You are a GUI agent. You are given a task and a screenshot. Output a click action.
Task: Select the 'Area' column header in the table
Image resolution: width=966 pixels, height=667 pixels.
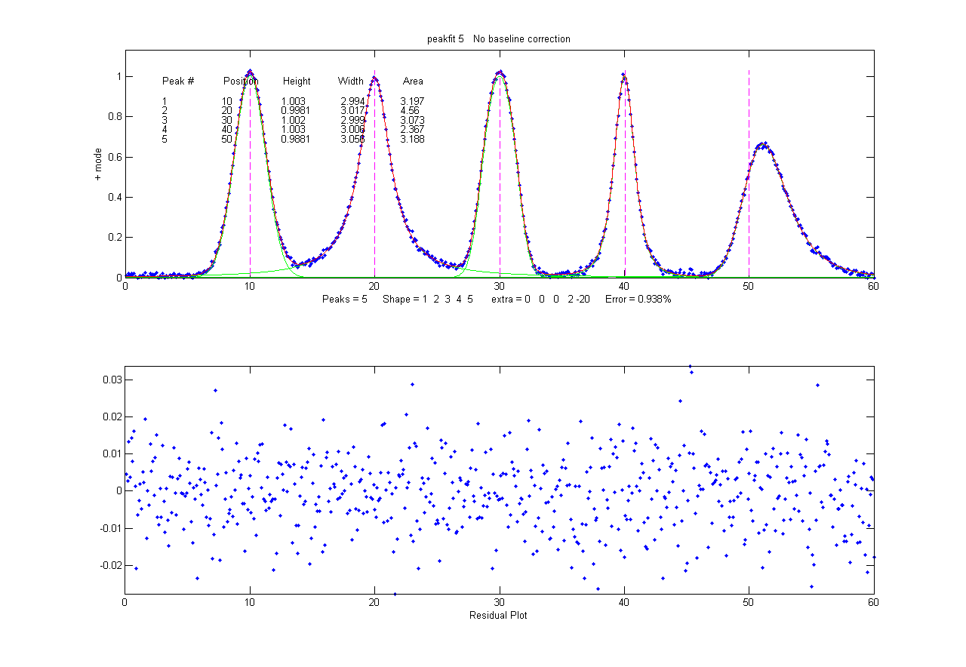(413, 81)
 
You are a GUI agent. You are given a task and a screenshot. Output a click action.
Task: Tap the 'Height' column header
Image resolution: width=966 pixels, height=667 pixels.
(297, 81)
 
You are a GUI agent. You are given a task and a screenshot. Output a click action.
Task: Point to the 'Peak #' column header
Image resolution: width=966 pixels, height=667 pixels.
(178, 81)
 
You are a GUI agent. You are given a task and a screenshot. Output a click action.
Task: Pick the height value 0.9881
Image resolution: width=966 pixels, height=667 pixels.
(296, 140)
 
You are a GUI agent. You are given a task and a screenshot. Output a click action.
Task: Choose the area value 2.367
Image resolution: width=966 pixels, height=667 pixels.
(413, 130)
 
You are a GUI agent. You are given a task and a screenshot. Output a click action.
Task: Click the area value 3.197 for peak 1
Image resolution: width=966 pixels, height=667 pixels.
(413, 101)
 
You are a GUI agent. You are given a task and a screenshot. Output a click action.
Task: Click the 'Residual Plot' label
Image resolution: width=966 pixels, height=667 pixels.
(498, 615)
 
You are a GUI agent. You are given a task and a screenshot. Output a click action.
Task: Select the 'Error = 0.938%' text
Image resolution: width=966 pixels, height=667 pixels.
(638, 300)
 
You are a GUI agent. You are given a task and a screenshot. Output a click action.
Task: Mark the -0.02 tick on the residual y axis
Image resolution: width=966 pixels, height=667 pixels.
(109, 565)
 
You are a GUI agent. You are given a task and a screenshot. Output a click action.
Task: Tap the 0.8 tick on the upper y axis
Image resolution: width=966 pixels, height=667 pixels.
(114, 117)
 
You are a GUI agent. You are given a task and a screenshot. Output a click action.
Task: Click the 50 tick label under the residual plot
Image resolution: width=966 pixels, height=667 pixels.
(748, 604)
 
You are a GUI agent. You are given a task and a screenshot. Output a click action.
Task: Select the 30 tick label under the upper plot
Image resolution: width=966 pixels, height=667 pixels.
(499, 286)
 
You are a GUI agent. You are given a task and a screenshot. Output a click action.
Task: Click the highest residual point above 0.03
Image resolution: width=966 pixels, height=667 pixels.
(690, 367)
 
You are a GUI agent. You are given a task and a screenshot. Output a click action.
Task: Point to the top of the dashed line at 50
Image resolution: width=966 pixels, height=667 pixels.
(749, 71)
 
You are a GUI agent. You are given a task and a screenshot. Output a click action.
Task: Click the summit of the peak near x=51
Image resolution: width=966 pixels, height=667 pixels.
(764, 143)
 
